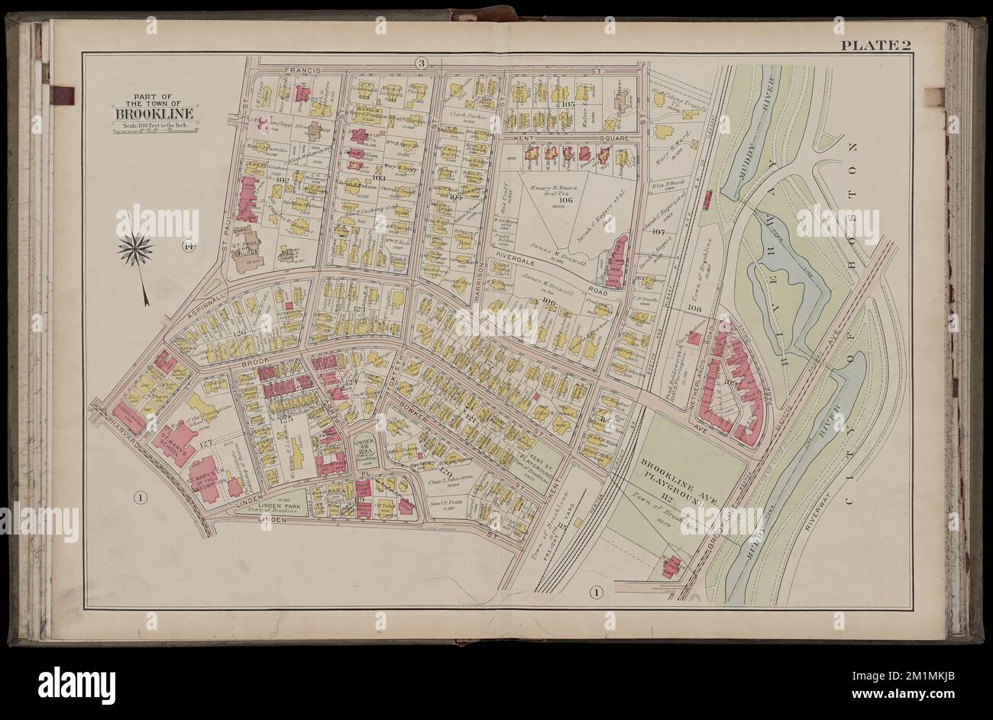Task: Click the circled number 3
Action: click(421, 63)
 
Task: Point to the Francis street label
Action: click(302, 69)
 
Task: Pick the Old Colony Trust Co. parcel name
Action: click(676, 98)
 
